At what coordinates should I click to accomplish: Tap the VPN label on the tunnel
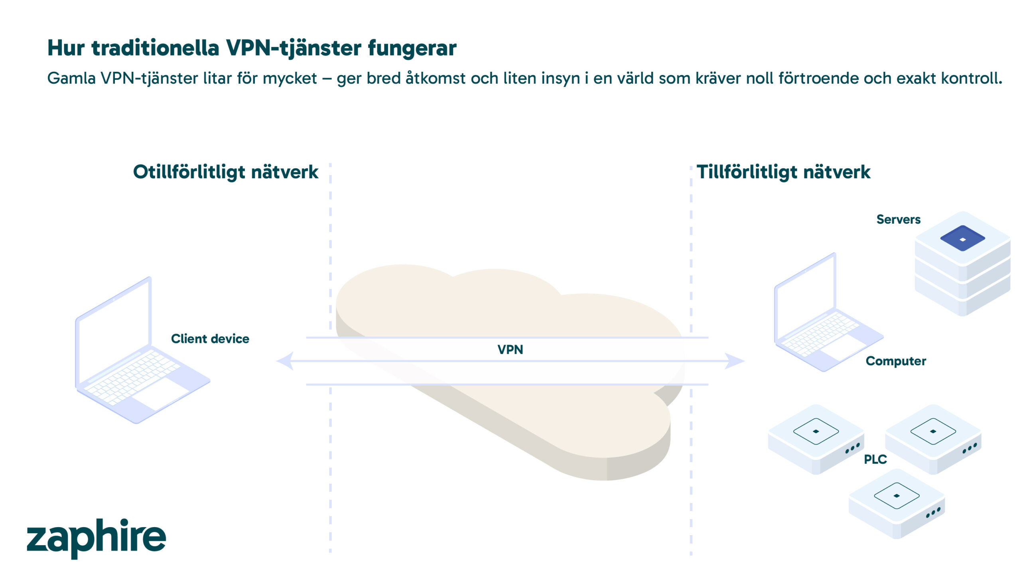tap(510, 350)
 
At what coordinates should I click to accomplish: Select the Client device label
tap(210, 339)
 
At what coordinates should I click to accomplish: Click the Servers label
tap(898, 219)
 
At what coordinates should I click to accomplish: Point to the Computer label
tap(895, 361)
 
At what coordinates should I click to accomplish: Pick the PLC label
tap(875, 459)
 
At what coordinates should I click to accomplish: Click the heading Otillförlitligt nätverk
tap(225, 172)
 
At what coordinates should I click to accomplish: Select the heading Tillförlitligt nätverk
tap(783, 172)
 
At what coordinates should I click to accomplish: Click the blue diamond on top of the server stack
tap(962, 238)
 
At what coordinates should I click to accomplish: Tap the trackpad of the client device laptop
tap(160, 393)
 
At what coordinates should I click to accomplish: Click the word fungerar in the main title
tap(412, 48)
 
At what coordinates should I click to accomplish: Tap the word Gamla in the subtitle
tap(71, 78)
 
